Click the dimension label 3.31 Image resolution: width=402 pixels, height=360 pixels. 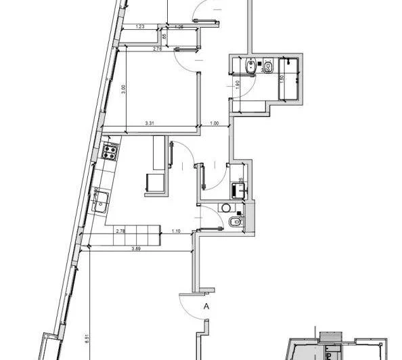151,123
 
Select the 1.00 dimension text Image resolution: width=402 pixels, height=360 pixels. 215,123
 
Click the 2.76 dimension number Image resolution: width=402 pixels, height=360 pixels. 157,49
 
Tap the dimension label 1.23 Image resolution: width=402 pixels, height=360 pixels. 140,26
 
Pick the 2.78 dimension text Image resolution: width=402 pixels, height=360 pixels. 120,232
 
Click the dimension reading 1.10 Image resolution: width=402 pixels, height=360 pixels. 175,232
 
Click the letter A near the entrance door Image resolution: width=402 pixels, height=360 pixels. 206,306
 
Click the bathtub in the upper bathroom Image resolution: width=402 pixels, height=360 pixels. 291,81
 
